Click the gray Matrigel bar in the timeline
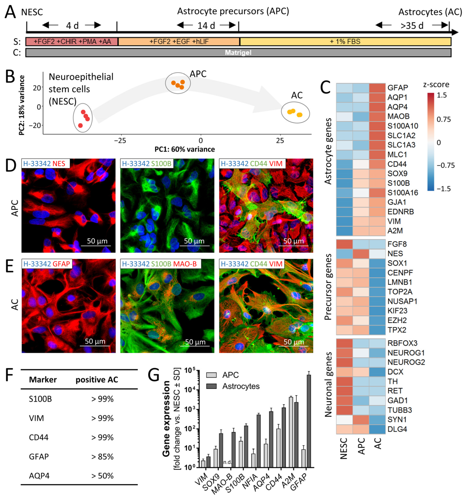[x=238, y=53]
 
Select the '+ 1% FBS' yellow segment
[x=345, y=42]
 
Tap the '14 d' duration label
[x=206, y=25]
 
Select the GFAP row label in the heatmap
[x=397, y=88]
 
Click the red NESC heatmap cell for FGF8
[x=344, y=244]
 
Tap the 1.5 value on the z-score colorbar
[x=441, y=95]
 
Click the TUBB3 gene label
[x=399, y=410]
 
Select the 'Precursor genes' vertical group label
[x=328, y=287]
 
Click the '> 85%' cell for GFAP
[x=102, y=457]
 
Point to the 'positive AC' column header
[x=97, y=380]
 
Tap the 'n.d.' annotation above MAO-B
[x=227, y=462]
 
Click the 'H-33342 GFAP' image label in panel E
[x=47, y=264]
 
